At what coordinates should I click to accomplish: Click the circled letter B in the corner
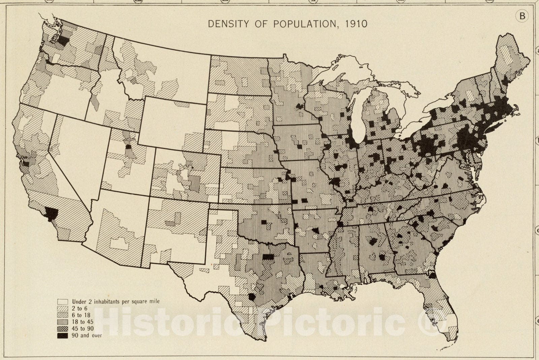[522, 16]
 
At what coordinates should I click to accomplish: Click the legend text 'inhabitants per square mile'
[127, 301]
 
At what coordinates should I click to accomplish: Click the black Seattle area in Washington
[63, 40]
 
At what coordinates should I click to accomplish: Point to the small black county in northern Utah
[129, 147]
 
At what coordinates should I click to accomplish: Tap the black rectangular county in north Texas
[268, 257]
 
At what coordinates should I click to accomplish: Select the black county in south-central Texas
[252, 297]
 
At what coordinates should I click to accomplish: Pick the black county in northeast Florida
[432, 275]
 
